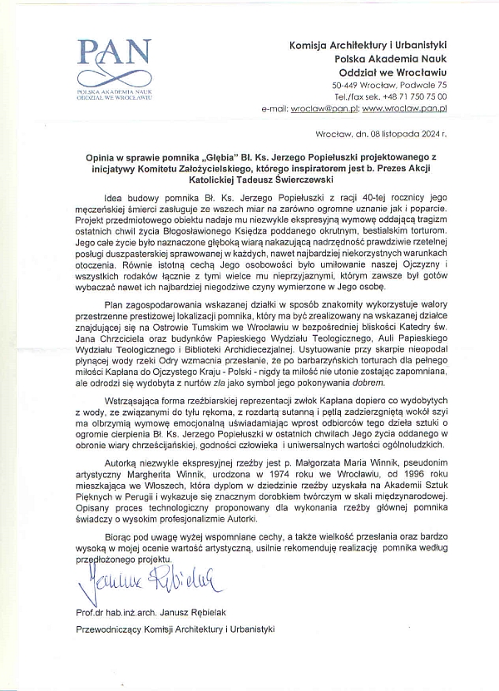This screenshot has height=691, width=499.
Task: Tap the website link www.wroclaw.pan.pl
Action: click(x=405, y=108)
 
